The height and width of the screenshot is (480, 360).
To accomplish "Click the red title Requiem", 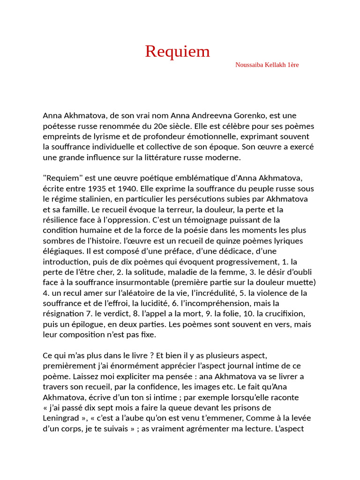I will click(177, 51).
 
